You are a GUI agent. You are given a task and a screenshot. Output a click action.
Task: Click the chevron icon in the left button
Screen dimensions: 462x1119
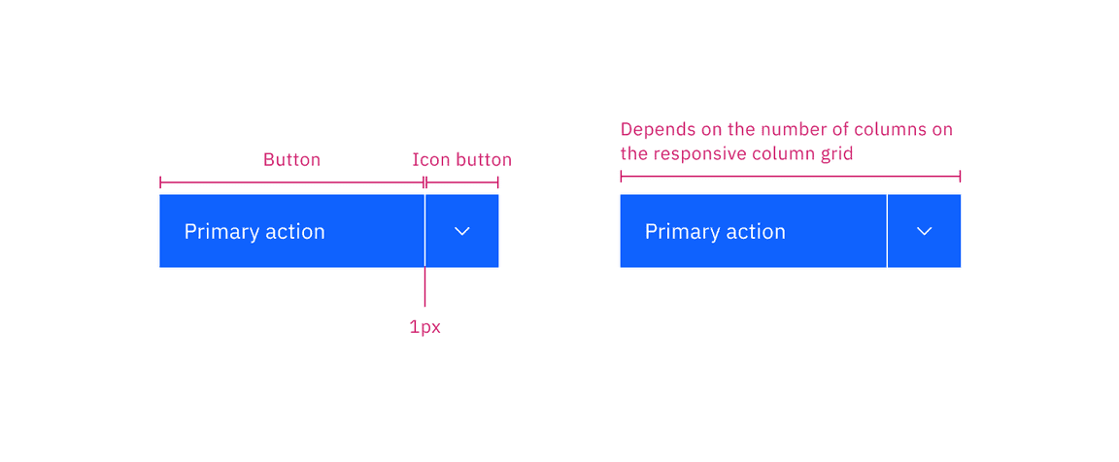point(462,231)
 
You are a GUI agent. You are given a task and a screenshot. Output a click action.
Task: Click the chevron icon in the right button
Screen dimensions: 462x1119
point(925,231)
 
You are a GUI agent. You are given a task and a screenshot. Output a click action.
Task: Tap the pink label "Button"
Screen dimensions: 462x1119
point(291,159)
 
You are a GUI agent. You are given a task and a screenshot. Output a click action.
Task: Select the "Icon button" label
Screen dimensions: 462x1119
point(461,159)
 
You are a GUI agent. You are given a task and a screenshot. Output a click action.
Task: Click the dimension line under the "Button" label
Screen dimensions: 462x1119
point(291,181)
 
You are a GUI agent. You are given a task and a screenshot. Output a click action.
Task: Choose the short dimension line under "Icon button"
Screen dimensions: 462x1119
point(462,181)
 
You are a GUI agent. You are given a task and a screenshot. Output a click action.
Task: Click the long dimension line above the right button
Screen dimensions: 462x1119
point(790,176)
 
